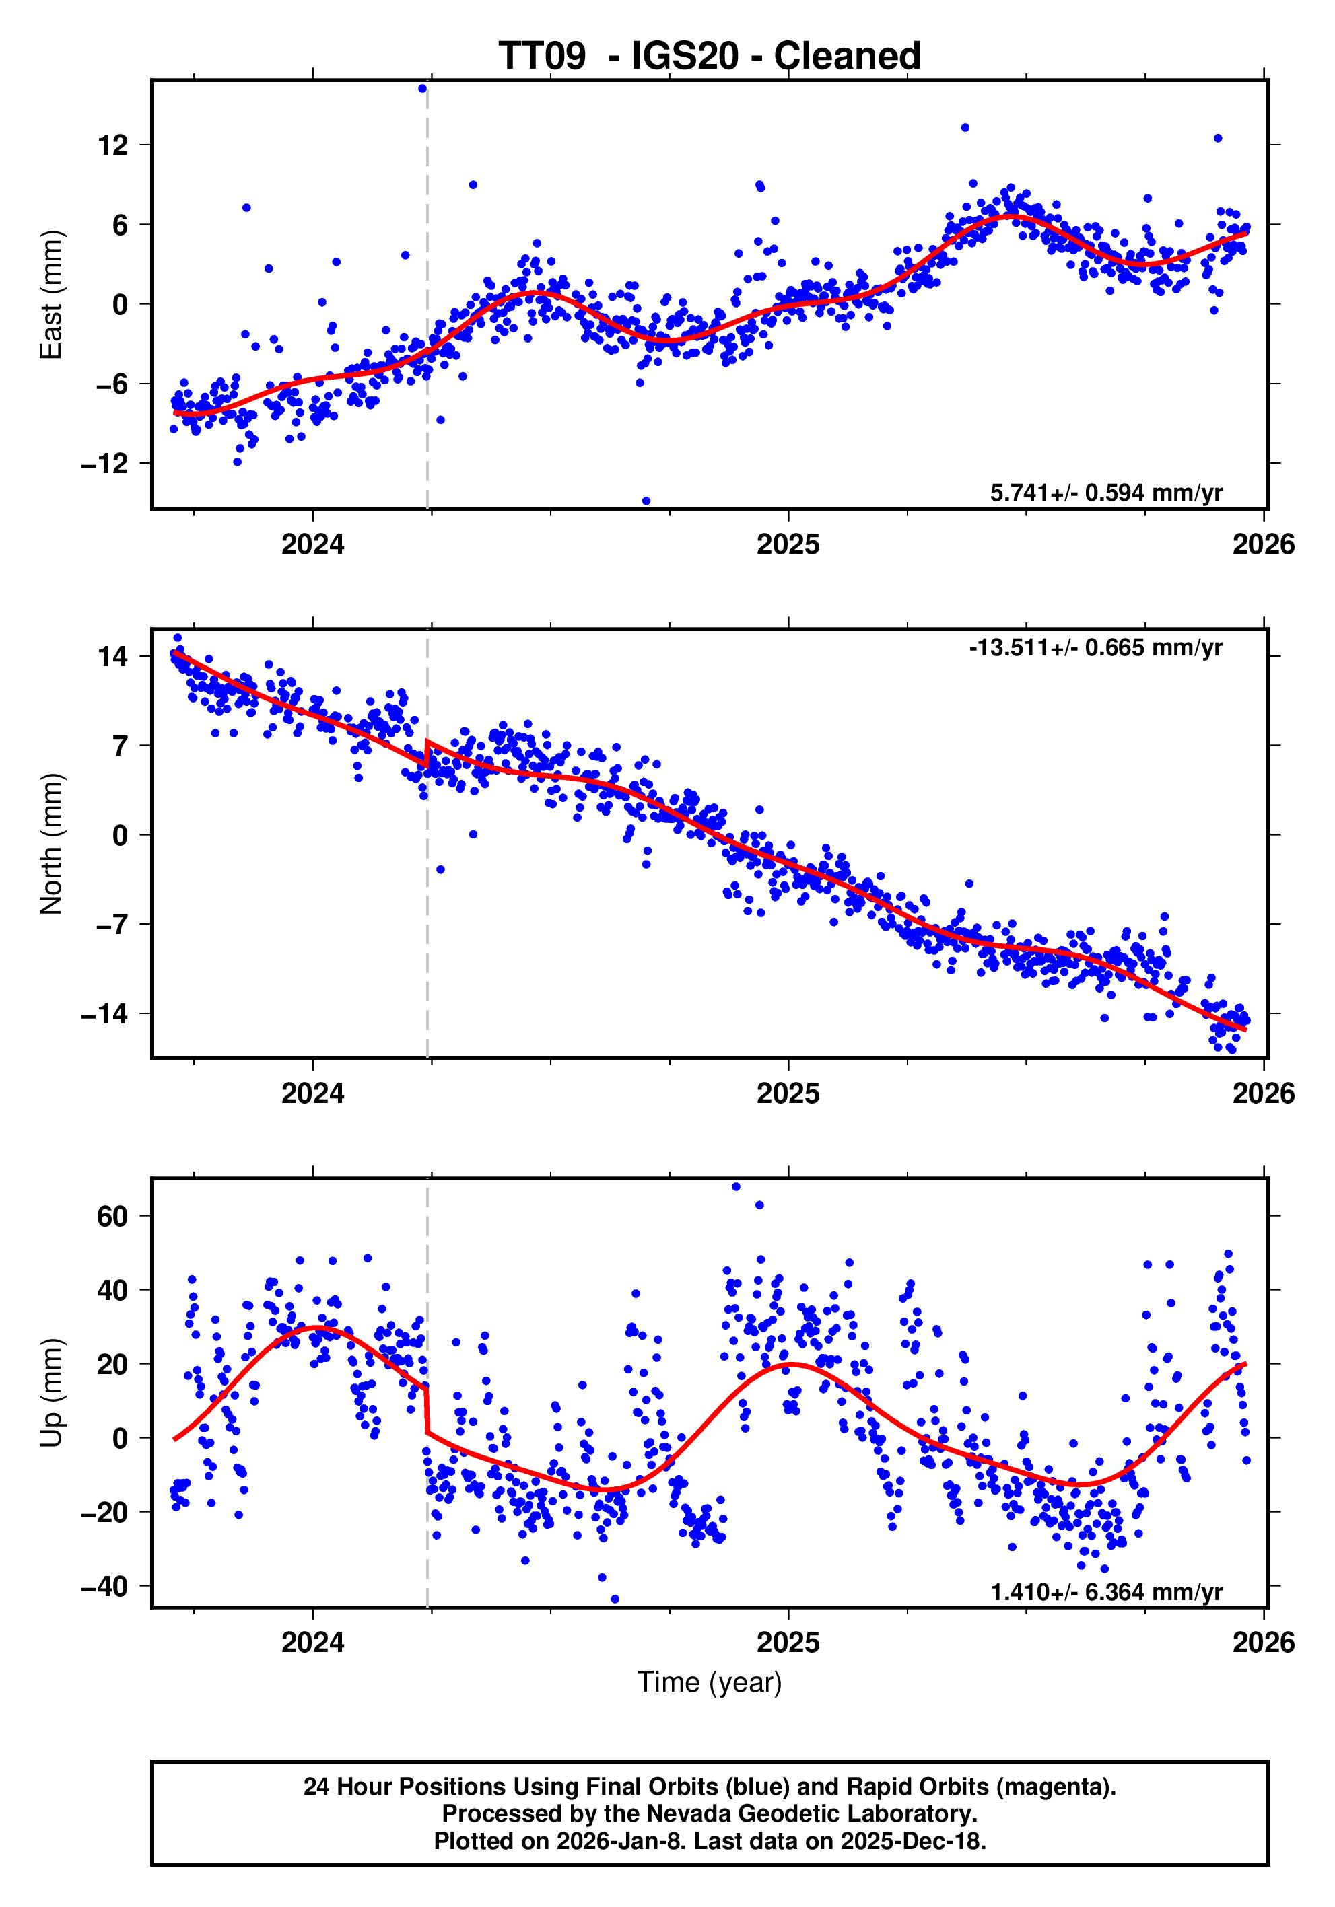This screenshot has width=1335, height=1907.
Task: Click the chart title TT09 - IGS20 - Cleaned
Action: pos(709,56)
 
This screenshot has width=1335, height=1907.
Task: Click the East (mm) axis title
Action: pos(52,295)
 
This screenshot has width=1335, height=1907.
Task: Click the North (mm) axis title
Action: pos(52,843)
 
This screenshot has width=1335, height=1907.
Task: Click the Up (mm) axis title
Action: pos(52,1393)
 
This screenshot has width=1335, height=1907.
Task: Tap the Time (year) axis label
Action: pos(709,1682)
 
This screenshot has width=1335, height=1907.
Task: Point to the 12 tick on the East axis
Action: pos(113,145)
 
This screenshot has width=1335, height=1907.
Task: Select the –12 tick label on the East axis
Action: pos(104,464)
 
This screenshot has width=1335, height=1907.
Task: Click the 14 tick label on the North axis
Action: pos(113,657)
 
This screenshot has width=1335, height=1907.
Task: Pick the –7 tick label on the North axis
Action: pos(112,925)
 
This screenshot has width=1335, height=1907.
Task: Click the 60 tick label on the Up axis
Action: pos(113,1216)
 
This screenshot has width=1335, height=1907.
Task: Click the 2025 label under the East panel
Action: pos(788,545)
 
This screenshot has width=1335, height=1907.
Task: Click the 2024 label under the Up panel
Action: pos(312,1643)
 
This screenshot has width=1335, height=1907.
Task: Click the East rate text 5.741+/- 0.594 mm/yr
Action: pos(1105,493)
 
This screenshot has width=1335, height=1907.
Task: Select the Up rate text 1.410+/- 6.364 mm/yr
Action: pos(1105,1592)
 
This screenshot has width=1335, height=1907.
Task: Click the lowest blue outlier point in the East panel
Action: pos(646,501)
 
